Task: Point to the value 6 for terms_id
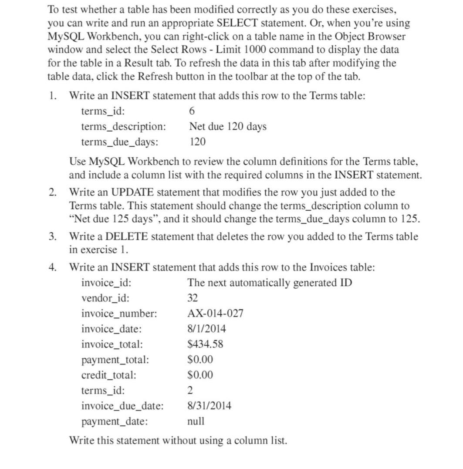coord(192,111)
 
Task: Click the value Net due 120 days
coord(228,126)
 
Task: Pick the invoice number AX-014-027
coord(215,314)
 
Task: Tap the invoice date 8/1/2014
coord(206,329)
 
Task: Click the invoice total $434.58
coord(205,344)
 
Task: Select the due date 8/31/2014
coord(209,406)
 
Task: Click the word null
coord(196,422)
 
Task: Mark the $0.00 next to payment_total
coord(200,360)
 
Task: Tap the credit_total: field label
coord(108,375)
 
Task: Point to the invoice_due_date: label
coord(122,406)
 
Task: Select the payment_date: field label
coord(114,422)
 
